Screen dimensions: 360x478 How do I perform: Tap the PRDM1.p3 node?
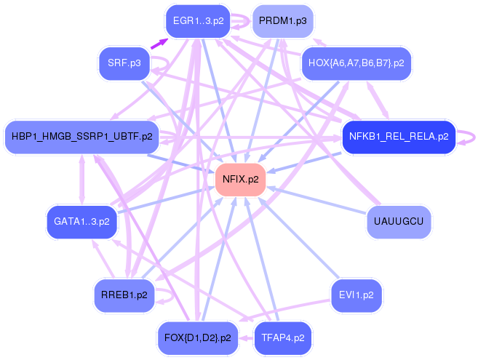pyautogui.click(x=282, y=21)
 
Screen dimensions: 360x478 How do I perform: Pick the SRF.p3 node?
pyautogui.click(x=124, y=64)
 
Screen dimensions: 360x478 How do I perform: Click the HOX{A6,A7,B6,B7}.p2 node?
pyautogui.click(x=356, y=63)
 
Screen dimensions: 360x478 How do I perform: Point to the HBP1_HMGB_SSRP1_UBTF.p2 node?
pyautogui.click(x=82, y=136)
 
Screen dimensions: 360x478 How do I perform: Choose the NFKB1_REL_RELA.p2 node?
pyautogui.click(x=398, y=136)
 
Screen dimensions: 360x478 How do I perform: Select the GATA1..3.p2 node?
pyautogui.click(x=81, y=220)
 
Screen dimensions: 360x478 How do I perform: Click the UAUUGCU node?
pyautogui.click(x=399, y=220)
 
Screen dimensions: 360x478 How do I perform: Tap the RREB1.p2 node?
pyautogui.click(x=124, y=295)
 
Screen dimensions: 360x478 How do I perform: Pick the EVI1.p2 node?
pyautogui.click(x=356, y=295)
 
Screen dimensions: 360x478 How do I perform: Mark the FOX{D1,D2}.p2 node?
pyautogui.click(x=198, y=337)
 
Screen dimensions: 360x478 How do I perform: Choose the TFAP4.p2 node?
pyautogui.click(x=282, y=337)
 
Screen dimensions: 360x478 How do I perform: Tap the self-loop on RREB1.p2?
pyautogui.click(x=166, y=296)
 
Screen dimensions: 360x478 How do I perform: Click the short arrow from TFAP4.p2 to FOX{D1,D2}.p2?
pyautogui.click(x=246, y=337)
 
